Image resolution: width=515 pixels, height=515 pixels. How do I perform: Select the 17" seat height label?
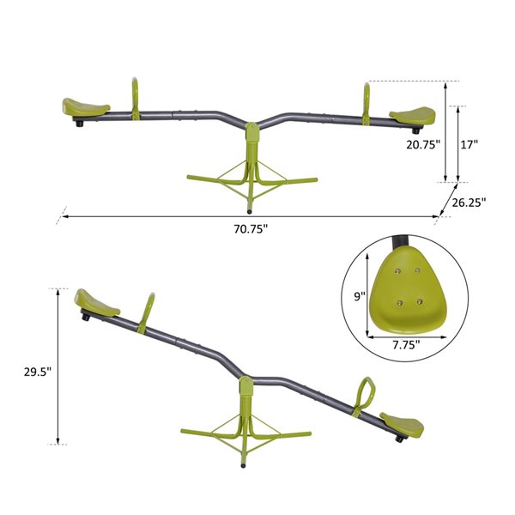click(469, 145)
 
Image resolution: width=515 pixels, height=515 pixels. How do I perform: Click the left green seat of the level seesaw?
click(85, 108)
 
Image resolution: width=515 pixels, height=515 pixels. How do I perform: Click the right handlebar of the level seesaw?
click(367, 101)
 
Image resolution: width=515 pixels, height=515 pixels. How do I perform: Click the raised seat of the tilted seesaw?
click(94, 302)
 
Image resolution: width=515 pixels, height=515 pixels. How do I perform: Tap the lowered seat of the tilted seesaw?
click(402, 424)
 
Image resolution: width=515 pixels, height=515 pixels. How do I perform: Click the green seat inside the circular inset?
click(405, 288)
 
